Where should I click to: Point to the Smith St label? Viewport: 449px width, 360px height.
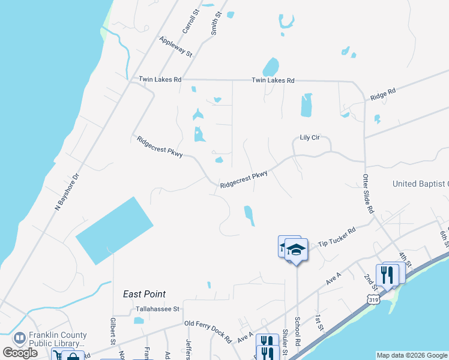(215, 25)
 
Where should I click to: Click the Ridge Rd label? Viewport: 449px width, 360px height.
(383, 95)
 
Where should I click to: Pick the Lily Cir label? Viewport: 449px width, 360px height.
(311, 137)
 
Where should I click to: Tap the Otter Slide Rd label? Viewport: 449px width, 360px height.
(368, 194)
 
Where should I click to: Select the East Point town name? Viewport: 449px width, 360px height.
(144, 294)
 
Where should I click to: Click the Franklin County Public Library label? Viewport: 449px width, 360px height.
(58, 340)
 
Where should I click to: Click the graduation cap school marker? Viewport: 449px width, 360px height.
(295, 249)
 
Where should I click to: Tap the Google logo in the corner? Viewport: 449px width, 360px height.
(20, 353)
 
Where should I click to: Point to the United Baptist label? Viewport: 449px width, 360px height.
(420, 184)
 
